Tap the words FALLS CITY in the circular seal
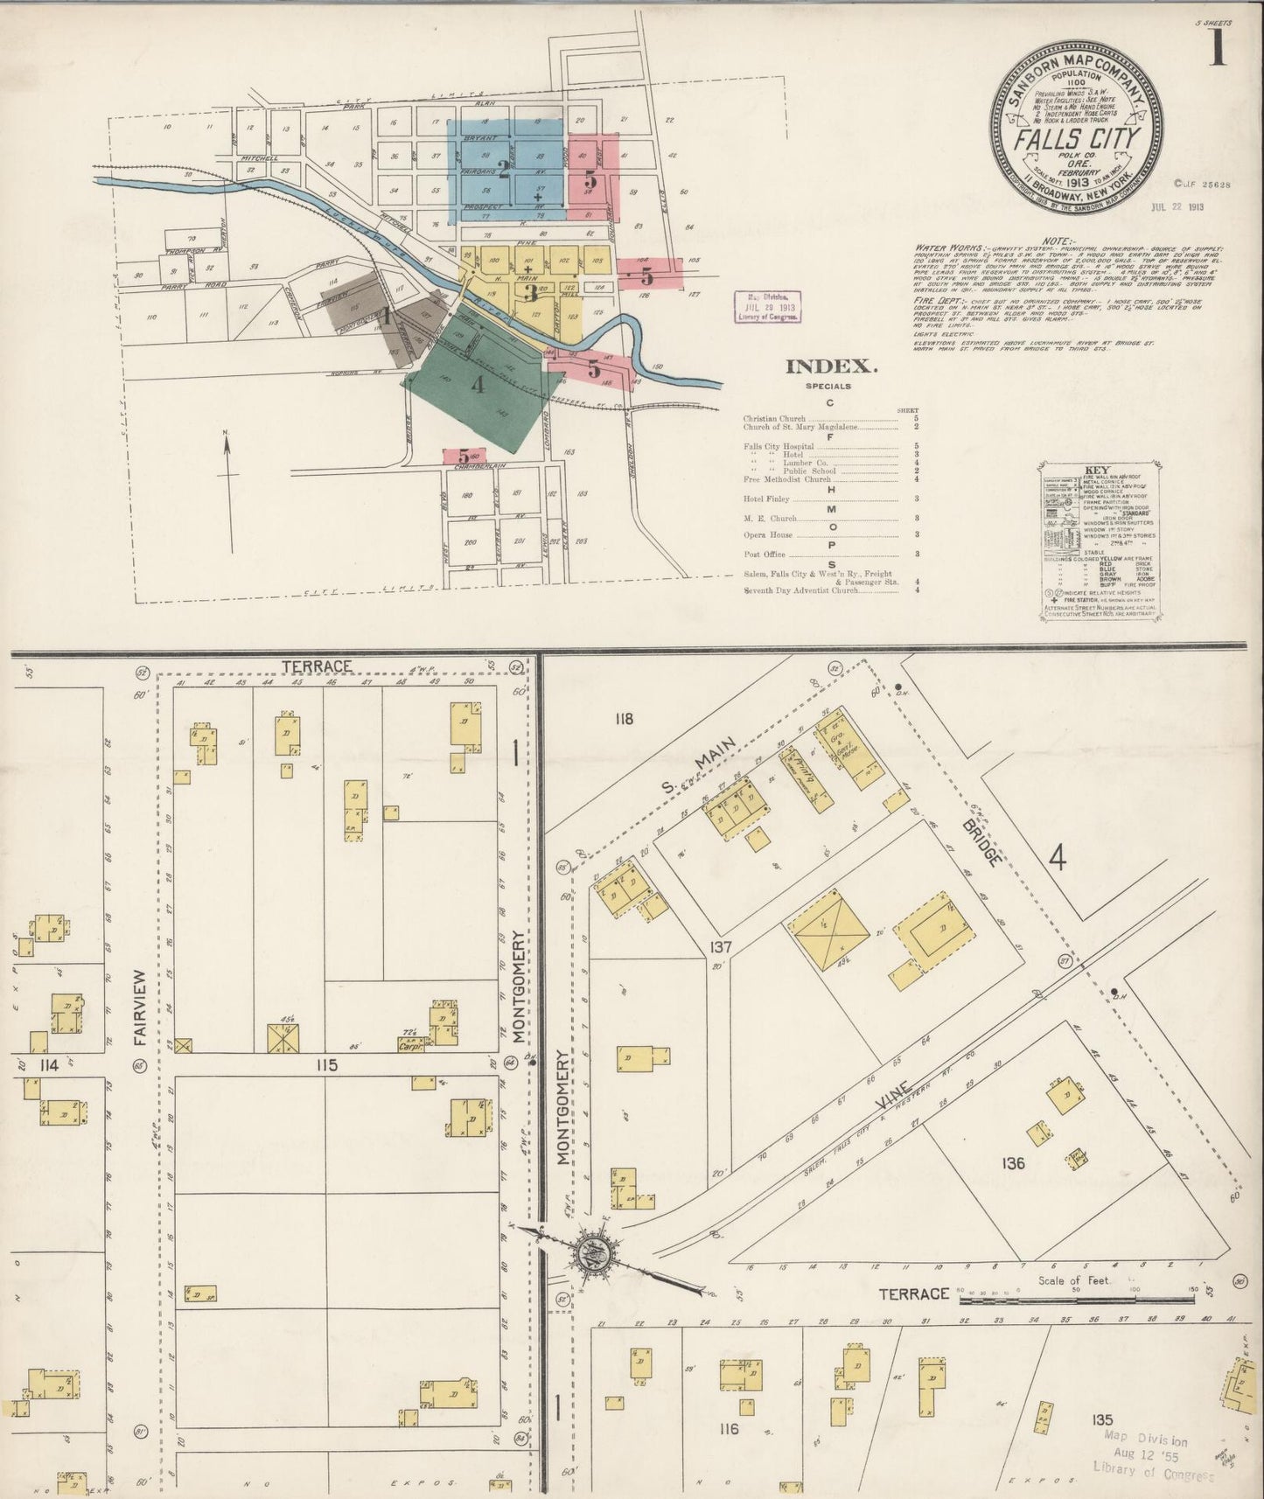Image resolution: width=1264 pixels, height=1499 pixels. point(1078,139)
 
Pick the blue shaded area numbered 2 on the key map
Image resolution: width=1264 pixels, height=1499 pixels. point(503,166)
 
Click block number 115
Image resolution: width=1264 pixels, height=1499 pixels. point(327,1065)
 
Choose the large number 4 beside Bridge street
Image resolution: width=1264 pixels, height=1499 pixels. point(1058,861)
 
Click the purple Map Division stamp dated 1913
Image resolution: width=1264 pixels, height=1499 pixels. point(766,310)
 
